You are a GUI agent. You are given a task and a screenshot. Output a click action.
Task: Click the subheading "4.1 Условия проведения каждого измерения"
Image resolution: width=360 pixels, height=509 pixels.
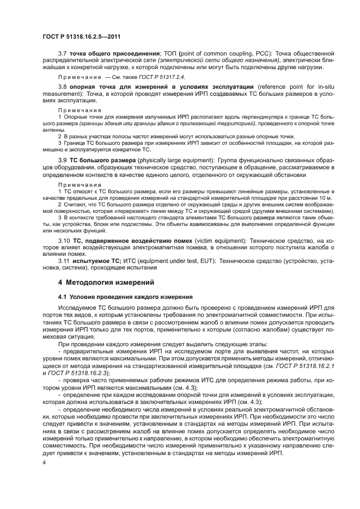coord(125,297)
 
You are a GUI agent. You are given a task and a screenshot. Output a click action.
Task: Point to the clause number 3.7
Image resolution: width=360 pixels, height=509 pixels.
coord(62,53)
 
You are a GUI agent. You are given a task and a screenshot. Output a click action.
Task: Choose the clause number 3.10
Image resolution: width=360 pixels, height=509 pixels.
coord(64,240)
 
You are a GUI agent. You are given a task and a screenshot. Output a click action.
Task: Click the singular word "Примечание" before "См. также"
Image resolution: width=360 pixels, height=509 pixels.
coord(76,77)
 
